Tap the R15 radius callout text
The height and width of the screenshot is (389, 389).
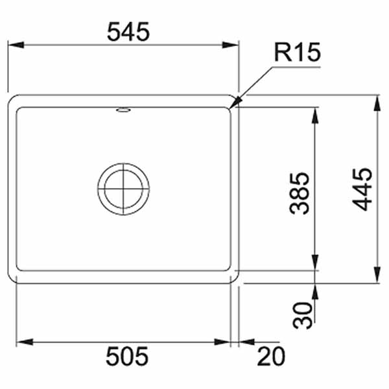(297, 52)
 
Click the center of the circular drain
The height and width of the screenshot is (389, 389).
(123, 188)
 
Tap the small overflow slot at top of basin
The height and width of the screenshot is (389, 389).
(123, 111)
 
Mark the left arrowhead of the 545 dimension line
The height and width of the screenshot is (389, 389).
(9, 45)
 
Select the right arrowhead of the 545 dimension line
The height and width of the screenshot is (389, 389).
(239, 45)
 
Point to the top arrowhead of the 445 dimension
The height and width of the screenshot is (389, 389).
(378, 97)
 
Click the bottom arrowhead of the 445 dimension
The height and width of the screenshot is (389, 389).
(378, 283)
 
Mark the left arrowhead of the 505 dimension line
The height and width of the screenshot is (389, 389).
(17, 342)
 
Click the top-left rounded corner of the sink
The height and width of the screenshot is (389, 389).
(13, 100)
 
